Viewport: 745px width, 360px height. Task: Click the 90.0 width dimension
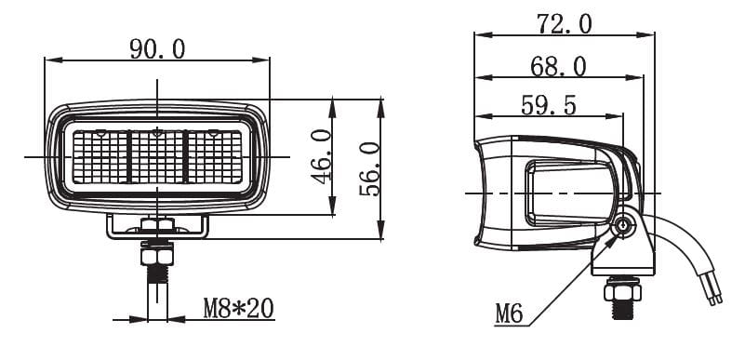click(x=157, y=49)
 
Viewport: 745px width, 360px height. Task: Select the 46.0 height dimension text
click(x=322, y=156)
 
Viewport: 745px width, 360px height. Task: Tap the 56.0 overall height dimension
click(x=369, y=169)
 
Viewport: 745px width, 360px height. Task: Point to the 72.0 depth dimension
click(x=565, y=24)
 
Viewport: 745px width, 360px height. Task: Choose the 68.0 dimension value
click(x=558, y=67)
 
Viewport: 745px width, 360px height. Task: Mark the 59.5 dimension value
click(x=549, y=105)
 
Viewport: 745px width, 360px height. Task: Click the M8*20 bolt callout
click(x=238, y=308)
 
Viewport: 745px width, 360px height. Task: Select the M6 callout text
click(x=509, y=313)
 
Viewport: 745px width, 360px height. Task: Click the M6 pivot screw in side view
click(x=623, y=227)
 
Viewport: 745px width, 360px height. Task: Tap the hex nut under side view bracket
click(x=622, y=290)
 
